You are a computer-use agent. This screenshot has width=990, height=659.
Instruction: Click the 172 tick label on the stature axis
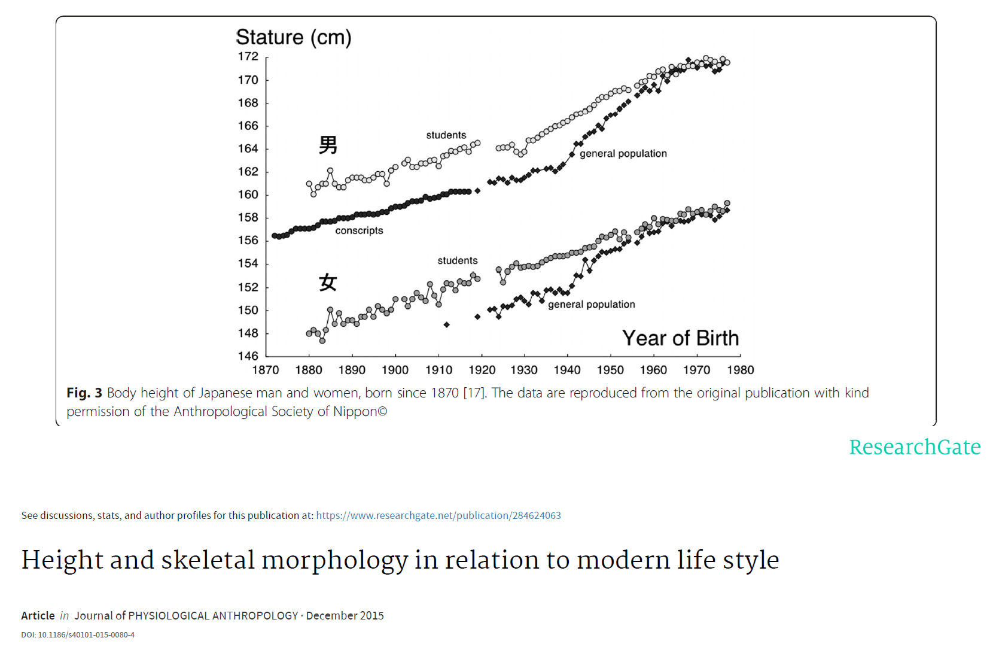(x=248, y=56)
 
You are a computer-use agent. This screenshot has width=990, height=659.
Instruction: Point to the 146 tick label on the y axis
(x=248, y=356)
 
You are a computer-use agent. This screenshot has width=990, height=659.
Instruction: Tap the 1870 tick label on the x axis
(x=266, y=370)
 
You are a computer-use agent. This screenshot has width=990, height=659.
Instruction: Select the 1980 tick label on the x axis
(x=740, y=370)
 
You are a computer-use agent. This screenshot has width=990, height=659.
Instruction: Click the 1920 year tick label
(x=482, y=370)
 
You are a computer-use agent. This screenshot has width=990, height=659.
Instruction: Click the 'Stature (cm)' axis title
(x=294, y=37)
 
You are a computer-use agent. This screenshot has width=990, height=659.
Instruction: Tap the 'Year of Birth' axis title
(x=680, y=338)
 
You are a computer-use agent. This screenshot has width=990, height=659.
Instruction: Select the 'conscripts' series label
(x=359, y=230)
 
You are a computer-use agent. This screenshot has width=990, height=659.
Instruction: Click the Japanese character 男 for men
(x=328, y=145)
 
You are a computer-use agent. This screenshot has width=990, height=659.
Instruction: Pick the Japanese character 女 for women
(x=328, y=282)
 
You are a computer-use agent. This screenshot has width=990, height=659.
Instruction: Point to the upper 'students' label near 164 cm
(x=446, y=135)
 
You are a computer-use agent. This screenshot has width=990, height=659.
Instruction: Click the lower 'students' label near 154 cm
(x=457, y=260)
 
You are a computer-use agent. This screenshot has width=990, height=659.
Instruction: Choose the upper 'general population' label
(x=623, y=153)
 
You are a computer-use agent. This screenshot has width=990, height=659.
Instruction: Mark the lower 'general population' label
(x=591, y=304)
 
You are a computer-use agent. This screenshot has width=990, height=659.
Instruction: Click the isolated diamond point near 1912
(x=446, y=324)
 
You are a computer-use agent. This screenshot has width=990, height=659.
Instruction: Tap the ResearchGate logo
(x=915, y=447)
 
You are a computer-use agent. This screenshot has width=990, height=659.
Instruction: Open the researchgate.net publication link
(x=438, y=515)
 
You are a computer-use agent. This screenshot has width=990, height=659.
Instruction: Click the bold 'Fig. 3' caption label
(x=84, y=393)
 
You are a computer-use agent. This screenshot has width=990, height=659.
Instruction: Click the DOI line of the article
(x=78, y=634)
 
